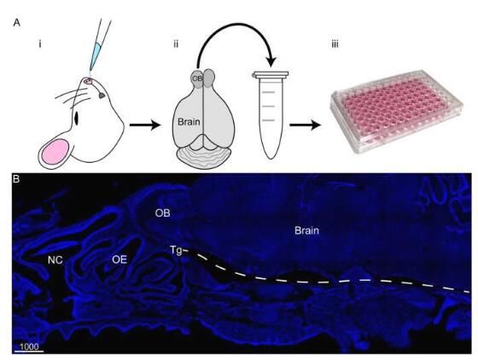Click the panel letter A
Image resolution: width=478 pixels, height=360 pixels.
[x=17, y=22]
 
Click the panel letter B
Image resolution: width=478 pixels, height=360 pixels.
[x=16, y=179]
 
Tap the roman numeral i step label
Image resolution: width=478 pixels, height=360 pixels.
[x=39, y=44]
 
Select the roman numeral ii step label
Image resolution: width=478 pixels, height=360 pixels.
[x=176, y=44]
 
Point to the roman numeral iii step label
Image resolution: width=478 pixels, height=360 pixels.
[x=335, y=44]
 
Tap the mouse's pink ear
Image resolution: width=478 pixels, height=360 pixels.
[x=56, y=152]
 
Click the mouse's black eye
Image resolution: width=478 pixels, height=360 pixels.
[x=76, y=119]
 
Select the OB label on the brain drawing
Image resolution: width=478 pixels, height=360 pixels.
[x=197, y=78]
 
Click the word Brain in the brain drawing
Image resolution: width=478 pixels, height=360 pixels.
[x=189, y=122]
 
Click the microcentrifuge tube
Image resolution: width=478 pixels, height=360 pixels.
[x=270, y=115]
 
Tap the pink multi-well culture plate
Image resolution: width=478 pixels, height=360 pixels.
[x=396, y=110]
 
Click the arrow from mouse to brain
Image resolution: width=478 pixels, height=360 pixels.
[x=145, y=125]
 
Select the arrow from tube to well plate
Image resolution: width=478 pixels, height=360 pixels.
[x=306, y=125]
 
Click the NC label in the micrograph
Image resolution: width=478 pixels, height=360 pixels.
[x=55, y=260]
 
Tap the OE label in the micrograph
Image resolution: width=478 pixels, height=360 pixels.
[x=119, y=259]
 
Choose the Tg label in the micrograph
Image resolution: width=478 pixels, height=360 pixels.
[x=176, y=251]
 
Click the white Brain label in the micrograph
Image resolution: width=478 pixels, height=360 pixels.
[x=306, y=230]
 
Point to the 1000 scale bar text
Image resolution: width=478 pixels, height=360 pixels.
[x=29, y=347]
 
